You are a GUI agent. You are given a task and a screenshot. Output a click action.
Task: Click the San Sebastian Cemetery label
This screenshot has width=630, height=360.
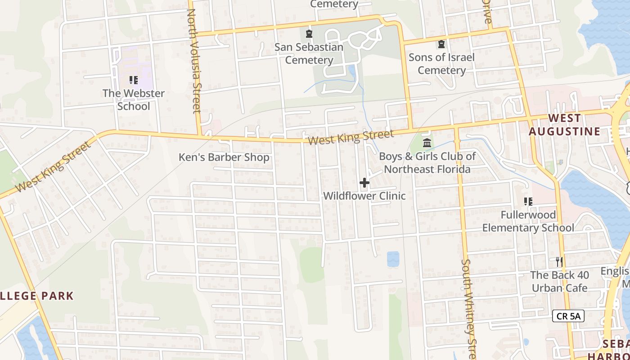click(x=309, y=54)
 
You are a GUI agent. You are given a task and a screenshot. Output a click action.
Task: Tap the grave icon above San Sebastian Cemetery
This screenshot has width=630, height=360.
click(x=309, y=34)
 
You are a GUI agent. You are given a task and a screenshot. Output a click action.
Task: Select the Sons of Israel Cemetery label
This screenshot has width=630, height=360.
click(x=441, y=64)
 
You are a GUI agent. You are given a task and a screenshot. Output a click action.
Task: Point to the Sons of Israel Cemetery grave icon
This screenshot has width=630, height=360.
click(x=441, y=44)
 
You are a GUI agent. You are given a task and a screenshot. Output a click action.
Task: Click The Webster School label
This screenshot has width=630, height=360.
click(x=134, y=100)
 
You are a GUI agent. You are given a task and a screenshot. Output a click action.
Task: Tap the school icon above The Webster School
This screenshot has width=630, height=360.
click(x=133, y=80)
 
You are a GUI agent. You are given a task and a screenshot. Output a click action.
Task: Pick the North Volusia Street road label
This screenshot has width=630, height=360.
click(x=194, y=61)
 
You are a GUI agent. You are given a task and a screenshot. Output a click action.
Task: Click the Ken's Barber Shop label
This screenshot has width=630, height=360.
click(x=224, y=157)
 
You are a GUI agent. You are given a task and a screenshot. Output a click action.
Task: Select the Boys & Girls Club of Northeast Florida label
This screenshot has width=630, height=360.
click(x=427, y=163)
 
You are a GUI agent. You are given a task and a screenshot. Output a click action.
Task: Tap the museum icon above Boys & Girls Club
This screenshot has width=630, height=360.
click(x=427, y=143)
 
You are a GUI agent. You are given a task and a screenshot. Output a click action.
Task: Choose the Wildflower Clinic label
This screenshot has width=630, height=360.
click(x=364, y=196)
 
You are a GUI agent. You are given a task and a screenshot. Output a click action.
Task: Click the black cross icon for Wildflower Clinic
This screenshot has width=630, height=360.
click(x=364, y=183)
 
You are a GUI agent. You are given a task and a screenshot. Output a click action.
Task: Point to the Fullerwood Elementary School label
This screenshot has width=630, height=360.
click(x=528, y=221)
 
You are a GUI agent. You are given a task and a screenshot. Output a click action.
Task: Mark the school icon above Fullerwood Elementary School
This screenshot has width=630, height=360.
click(x=528, y=202)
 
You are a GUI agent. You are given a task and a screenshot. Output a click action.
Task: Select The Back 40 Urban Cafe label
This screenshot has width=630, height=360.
click(x=559, y=281)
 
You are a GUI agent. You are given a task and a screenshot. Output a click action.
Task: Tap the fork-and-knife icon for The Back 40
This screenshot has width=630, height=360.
click(x=559, y=261)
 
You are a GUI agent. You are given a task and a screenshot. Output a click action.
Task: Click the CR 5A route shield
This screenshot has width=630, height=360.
click(x=568, y=316)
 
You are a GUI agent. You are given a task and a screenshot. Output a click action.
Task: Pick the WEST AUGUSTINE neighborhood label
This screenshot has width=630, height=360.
click(x=564, y=125)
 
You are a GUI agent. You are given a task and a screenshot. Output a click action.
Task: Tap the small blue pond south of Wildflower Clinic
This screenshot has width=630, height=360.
click(x=393, y=259)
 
